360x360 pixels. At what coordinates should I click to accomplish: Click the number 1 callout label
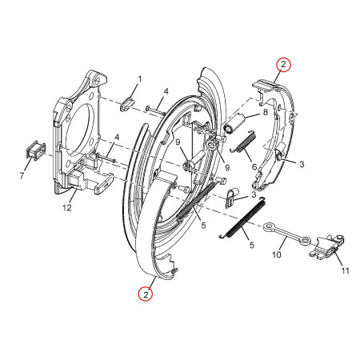139,79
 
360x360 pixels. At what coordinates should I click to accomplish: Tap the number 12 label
67,207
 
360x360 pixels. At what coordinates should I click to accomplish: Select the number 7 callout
22,176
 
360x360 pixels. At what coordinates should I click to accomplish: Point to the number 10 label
277,254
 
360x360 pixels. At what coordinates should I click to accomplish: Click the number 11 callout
346,271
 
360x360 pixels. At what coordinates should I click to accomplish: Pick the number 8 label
266,112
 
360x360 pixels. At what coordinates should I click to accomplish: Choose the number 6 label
254,167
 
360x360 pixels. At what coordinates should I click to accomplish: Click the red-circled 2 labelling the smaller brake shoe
283,65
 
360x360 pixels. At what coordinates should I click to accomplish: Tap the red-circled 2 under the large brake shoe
146,294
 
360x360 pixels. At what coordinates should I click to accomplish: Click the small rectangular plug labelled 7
35,150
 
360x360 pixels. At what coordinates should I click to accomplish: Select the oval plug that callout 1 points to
127,103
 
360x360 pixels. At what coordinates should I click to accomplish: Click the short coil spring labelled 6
243,142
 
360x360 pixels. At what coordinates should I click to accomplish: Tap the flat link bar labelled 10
287,234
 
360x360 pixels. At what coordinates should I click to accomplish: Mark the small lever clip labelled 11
328,247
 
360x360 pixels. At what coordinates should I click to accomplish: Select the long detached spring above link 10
242,218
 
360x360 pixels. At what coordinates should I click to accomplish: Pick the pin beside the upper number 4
155,110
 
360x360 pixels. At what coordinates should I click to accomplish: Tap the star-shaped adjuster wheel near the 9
213,146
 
